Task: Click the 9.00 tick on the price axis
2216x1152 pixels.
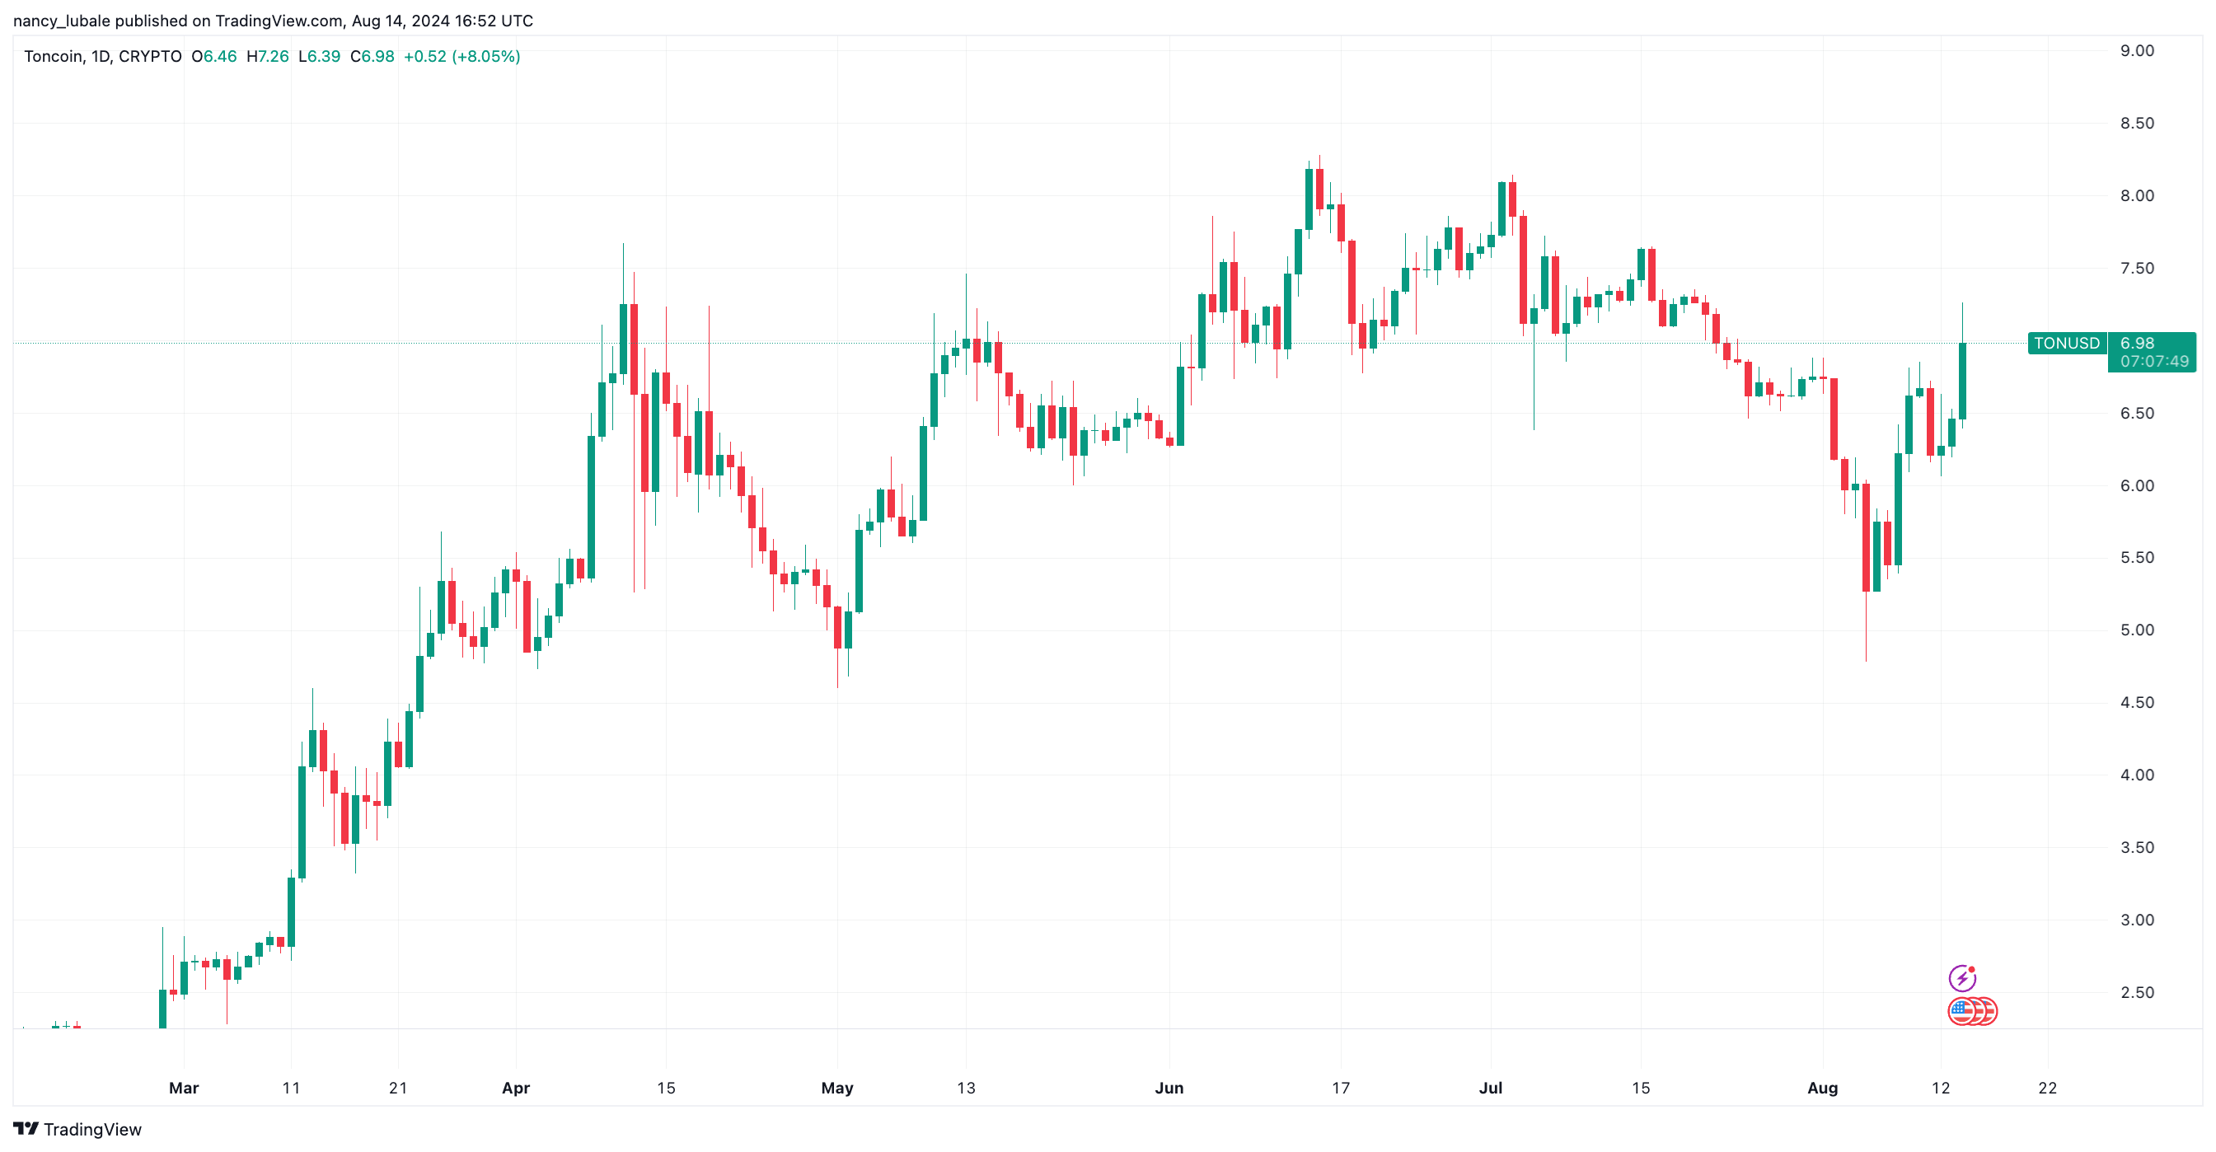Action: (x=2137, y=51)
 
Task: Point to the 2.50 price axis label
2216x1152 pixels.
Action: (x=2137, y=992)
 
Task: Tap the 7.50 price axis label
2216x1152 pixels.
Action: (x=2137, y=269)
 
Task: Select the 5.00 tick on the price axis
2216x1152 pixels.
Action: (x=2137, y=630)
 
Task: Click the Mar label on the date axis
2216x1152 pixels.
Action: (x=183, y=1088)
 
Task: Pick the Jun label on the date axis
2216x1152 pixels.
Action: (x=1169, y=1088)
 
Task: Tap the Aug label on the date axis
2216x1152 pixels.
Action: (x=1822, y=1088)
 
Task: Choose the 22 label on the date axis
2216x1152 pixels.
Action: (x=2047, y=1088)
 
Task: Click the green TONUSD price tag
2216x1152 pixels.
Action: (x=2066, y=344)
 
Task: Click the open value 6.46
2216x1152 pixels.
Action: (x=219, y=57)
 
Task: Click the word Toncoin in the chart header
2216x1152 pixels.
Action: (x=54, y=57)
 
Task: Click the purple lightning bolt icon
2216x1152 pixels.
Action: (x=1961, y=978)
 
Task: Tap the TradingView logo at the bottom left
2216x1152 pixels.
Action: (x=77, y=1129)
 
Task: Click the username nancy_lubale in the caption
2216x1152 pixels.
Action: (x=61, y=21)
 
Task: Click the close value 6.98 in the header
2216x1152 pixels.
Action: (x=377, y=57)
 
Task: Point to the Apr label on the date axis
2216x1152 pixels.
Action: (x=515, y=1088)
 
